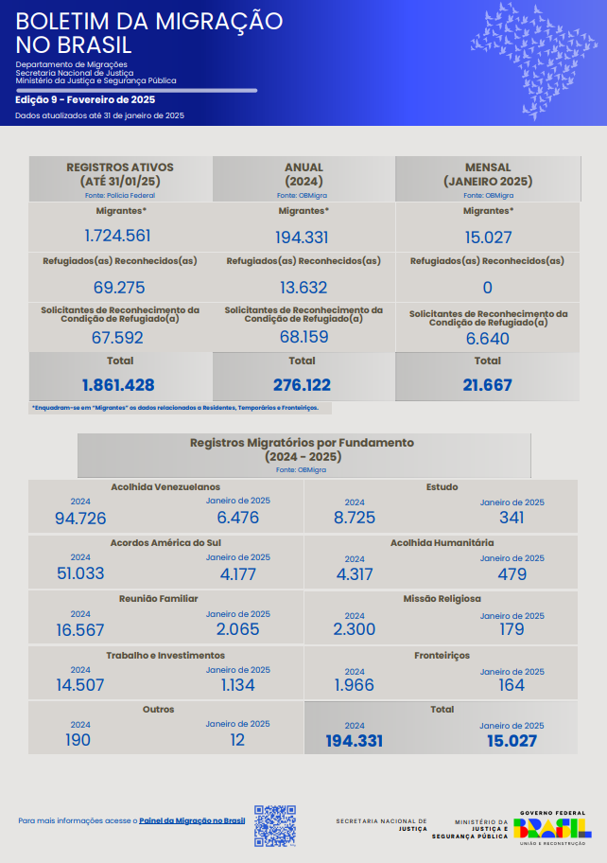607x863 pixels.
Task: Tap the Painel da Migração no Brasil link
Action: click(x=192, y=820)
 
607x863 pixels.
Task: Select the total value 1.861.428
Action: click(x=118, y=385)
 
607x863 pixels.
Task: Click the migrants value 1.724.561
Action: click(x=117, y=236)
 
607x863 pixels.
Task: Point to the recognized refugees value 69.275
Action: click(x=119, y=287)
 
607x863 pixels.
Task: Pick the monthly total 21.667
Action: click(x=488, y=385)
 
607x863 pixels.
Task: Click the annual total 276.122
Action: click(x=303, y=385)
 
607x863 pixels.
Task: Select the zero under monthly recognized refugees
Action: click(x=488, y=288)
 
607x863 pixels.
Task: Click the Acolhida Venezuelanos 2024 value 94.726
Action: click(x=80, y=518)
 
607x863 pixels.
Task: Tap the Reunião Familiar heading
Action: click(x=158, y=599)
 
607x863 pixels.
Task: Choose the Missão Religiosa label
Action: click(x=442, y=599)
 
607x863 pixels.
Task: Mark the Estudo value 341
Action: click(x=512, y=518)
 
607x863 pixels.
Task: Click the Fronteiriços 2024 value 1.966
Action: click(x=355, y=685)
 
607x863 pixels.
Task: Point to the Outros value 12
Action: click(x=237, y=740)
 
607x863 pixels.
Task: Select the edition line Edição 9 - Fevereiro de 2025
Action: click(x=85, y=99)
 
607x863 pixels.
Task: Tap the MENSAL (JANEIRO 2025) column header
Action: click(x=488, y=174)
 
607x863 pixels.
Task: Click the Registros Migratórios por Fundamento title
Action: click(x=303, y=449)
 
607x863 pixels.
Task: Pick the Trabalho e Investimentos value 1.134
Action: click(x=237, y=685)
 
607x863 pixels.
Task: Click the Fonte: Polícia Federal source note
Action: click(x=119, y=195)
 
